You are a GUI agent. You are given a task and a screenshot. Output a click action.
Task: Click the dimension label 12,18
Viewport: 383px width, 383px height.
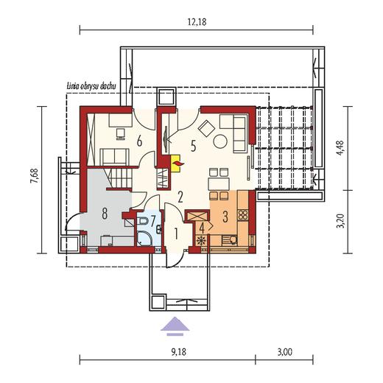click(197, 22)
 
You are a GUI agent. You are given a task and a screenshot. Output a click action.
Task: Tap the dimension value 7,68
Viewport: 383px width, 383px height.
click(34, 175)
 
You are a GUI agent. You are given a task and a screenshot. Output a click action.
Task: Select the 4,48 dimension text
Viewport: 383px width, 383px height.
click(340, 148)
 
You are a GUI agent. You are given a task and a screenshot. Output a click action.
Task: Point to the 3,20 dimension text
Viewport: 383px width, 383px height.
click(340, 221)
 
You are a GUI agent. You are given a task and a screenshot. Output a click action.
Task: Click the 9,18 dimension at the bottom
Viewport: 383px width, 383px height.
click(178, 352)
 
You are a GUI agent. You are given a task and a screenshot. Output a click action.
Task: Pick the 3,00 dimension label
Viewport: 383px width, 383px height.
click(285, 352)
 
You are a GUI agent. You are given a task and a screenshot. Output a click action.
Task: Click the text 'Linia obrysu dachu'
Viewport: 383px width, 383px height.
click(91, 86)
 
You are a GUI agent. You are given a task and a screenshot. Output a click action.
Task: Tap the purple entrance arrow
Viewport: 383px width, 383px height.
click(175, 326)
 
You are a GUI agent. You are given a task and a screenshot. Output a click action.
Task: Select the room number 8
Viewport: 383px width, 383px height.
click(105, 214)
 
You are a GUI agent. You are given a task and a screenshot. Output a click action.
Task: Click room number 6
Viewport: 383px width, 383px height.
click(139, 141)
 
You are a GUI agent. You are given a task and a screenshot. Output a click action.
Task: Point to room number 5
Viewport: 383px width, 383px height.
click(193, 147)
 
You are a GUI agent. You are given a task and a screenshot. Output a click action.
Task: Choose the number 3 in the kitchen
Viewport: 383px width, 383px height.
click(225, 217)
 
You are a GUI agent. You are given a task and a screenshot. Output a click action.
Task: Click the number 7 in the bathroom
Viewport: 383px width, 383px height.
click(152, 221)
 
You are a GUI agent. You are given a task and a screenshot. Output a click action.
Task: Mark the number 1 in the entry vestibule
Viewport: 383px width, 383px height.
click(176, 233)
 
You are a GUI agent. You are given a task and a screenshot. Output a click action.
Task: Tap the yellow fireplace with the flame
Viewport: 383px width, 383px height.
click(175, 164)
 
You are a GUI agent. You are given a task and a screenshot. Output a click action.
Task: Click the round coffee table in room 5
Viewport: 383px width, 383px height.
click(220, 141)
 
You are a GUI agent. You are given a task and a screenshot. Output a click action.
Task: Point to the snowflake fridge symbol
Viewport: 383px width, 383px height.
click(202, 241)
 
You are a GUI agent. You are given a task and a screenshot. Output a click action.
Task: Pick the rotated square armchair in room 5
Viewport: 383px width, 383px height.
click(206, 128)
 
